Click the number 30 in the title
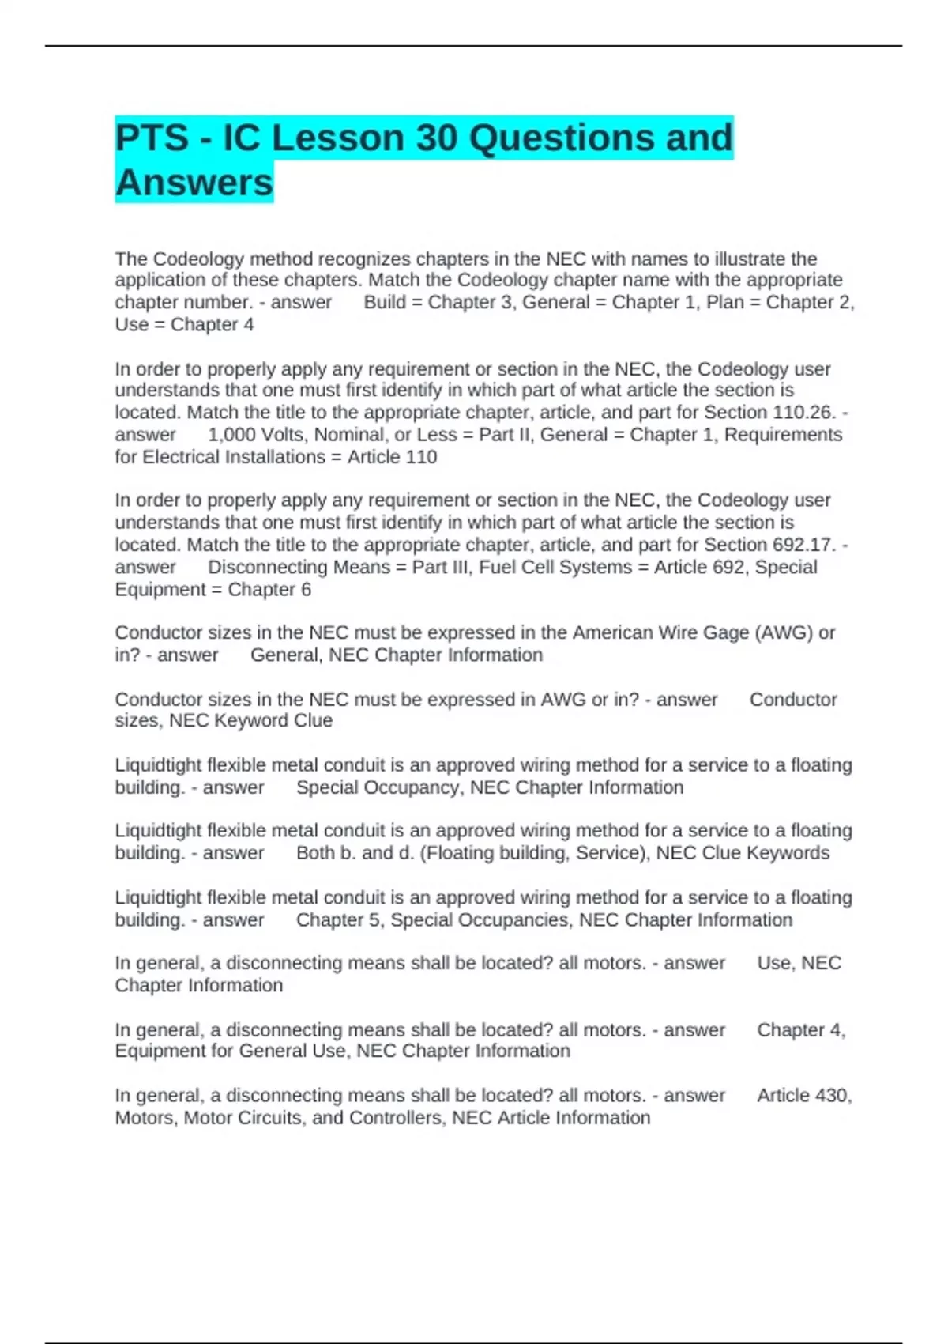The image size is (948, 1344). coord(436,138)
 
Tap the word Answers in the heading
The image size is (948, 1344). coord(194,183)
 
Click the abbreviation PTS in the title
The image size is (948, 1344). coord(152,138)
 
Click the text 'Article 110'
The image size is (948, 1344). coord(392,457)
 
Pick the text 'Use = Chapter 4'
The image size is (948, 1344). coord(184,325)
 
